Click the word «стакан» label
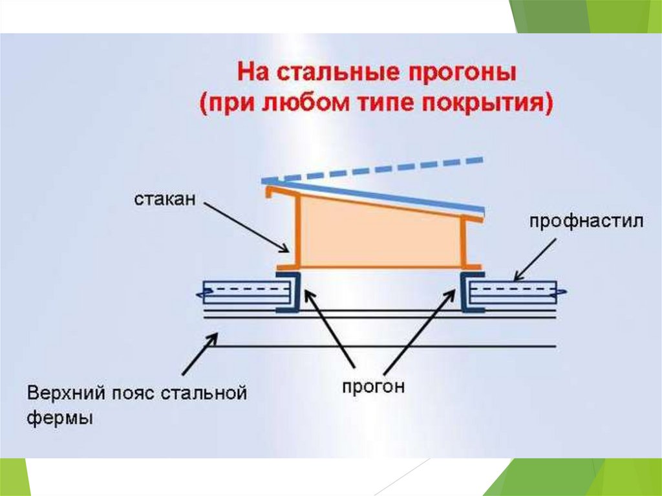pyautogui.click(x=164, y=197)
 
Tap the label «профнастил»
pyautogui.click(x=587, y=222)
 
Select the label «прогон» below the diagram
pyautogui.click(x=374, y=387)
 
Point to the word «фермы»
pyautogui.click(x=59, y=418)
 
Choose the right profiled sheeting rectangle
pyautogui.click(x=513, y=292)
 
